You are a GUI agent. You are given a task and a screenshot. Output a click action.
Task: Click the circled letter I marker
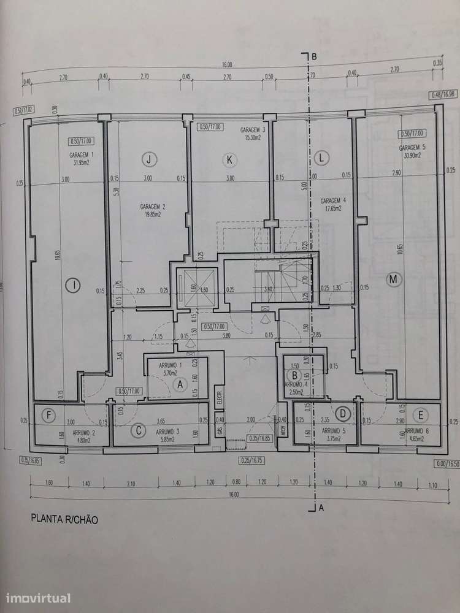pos(73,284)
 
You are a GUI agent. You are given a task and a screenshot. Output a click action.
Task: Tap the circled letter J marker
pos(148,159)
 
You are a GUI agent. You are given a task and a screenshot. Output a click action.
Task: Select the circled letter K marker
pos(229,160)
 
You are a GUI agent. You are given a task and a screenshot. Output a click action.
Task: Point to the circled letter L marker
pos(320,158)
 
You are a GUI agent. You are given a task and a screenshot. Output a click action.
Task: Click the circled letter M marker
pos(393,280)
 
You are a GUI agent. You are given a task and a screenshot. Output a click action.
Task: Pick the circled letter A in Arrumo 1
pos(180,384)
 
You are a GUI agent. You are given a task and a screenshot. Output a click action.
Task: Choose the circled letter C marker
pos(139,430)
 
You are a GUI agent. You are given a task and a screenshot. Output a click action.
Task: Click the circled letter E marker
pos(420,415)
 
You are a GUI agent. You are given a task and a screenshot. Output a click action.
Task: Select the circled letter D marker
pos(343,415)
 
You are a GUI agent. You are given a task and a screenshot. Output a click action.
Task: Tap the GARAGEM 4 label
pos(333,200)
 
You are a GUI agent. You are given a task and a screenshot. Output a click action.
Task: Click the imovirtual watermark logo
pos(37,598)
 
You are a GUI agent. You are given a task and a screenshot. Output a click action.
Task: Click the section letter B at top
pos(313,56)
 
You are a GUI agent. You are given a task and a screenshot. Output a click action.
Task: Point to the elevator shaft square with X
pos(194,288)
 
